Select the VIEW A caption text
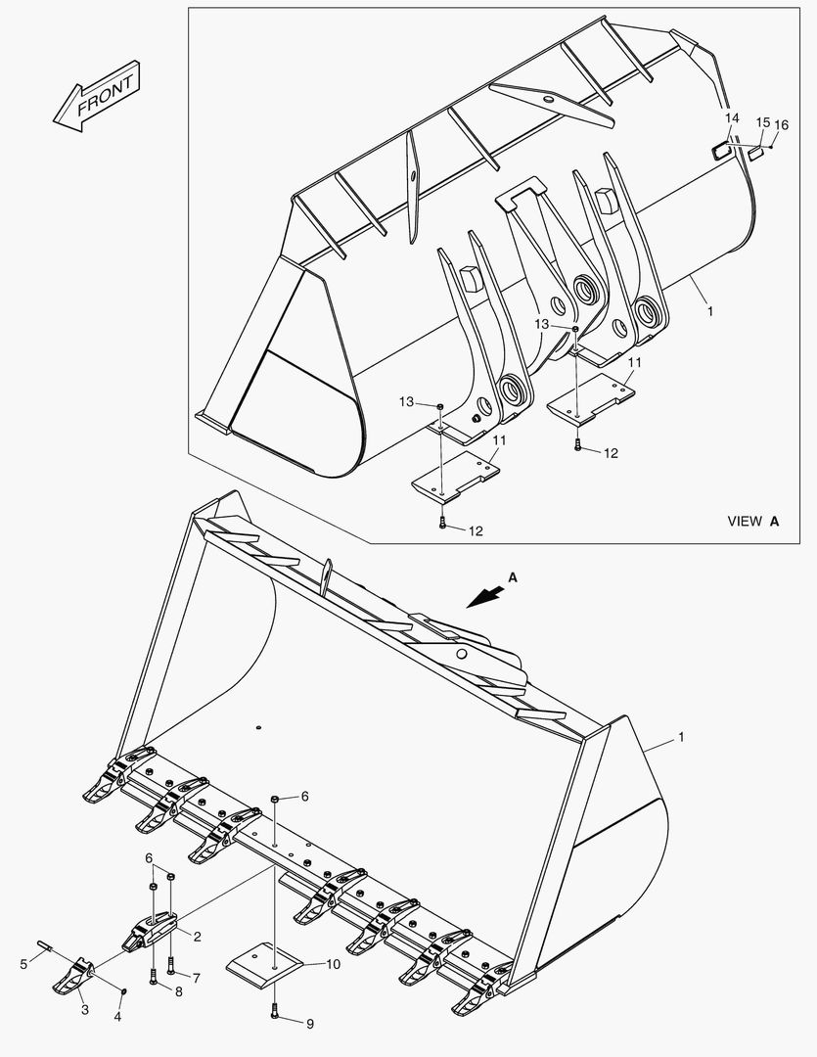coord(752,522)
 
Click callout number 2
coord(197,937)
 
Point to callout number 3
coord(84,1009)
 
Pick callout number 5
coord(24,965)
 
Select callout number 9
coord(310,1025)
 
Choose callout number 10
coord(333,964)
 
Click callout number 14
coord(730,118)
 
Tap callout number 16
coord(781,124)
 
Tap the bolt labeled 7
coord(170,967)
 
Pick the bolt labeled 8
coord(154,976)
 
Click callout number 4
coord(117,1017)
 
